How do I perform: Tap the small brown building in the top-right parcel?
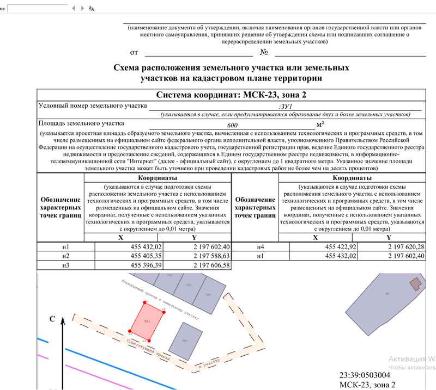coord(415,283)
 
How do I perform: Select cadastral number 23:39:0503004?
coord(365,375)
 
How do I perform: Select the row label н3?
coord(66,265)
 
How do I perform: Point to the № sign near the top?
coord(264,52)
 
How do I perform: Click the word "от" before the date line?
coord(134,53)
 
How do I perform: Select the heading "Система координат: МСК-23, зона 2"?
coord(231,95)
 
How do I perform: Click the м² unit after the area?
coord(320,123)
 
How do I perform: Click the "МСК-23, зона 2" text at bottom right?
coord(367,385)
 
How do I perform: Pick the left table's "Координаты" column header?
coord(158,178)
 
